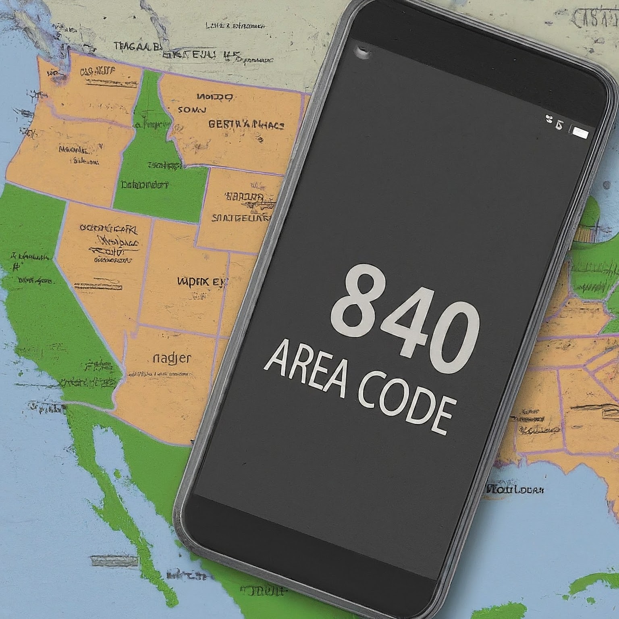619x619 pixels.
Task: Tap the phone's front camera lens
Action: (x=363, y=52)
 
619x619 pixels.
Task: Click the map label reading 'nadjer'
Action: (x=172, y=358)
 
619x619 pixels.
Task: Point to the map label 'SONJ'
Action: (x=192, y=110)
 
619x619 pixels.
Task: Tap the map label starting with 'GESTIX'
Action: (x=246, y=125)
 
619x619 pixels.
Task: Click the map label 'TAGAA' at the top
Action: (x=135, y=47)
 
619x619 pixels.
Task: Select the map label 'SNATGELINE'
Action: (x=241, y=218)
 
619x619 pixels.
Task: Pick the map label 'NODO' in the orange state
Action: (x=214, y=97)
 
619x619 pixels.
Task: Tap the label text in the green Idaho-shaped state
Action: (x=144, y=185)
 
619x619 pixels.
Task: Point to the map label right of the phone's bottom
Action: (x=515, y=490)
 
